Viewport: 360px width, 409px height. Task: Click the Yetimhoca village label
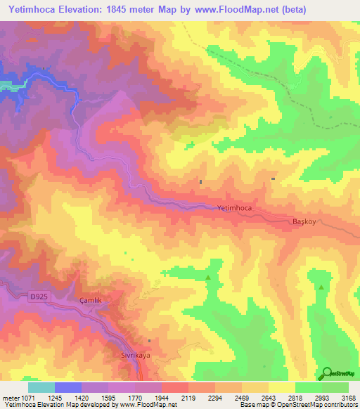(x=234, y=209)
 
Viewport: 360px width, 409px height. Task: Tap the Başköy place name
(x=306, y=221)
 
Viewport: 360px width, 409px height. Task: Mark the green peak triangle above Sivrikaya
(x=207, y=279)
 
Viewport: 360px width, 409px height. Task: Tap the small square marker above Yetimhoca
(x=201, y=182)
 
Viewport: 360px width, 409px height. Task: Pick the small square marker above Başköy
(x=273, y=179)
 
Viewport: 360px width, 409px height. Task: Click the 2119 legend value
(x=188, y=398)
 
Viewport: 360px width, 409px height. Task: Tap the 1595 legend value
(x=108, y=398)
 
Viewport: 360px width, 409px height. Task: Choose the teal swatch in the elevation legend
(x=41, y=387)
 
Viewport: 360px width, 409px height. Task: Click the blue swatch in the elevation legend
(x=68, y=387)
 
